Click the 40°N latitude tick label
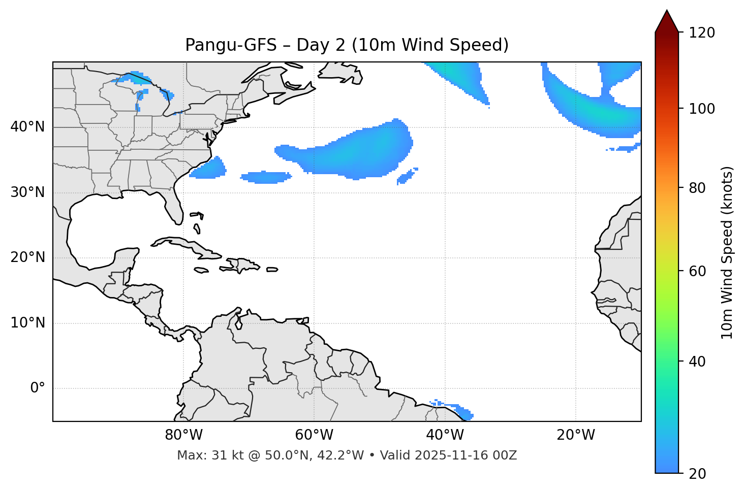point(27,127)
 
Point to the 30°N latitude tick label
point(27,192)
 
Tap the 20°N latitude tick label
point(27,257)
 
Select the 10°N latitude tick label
point(27,323)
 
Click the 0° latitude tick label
point(38,388)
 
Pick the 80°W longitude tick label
point(183,435)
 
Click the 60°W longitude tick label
point(314,435)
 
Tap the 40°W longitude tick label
point(445,435)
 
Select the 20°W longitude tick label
point(575,435)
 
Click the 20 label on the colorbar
point(698,474)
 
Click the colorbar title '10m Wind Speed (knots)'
point(727,252)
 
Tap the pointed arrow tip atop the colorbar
point(667,12)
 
